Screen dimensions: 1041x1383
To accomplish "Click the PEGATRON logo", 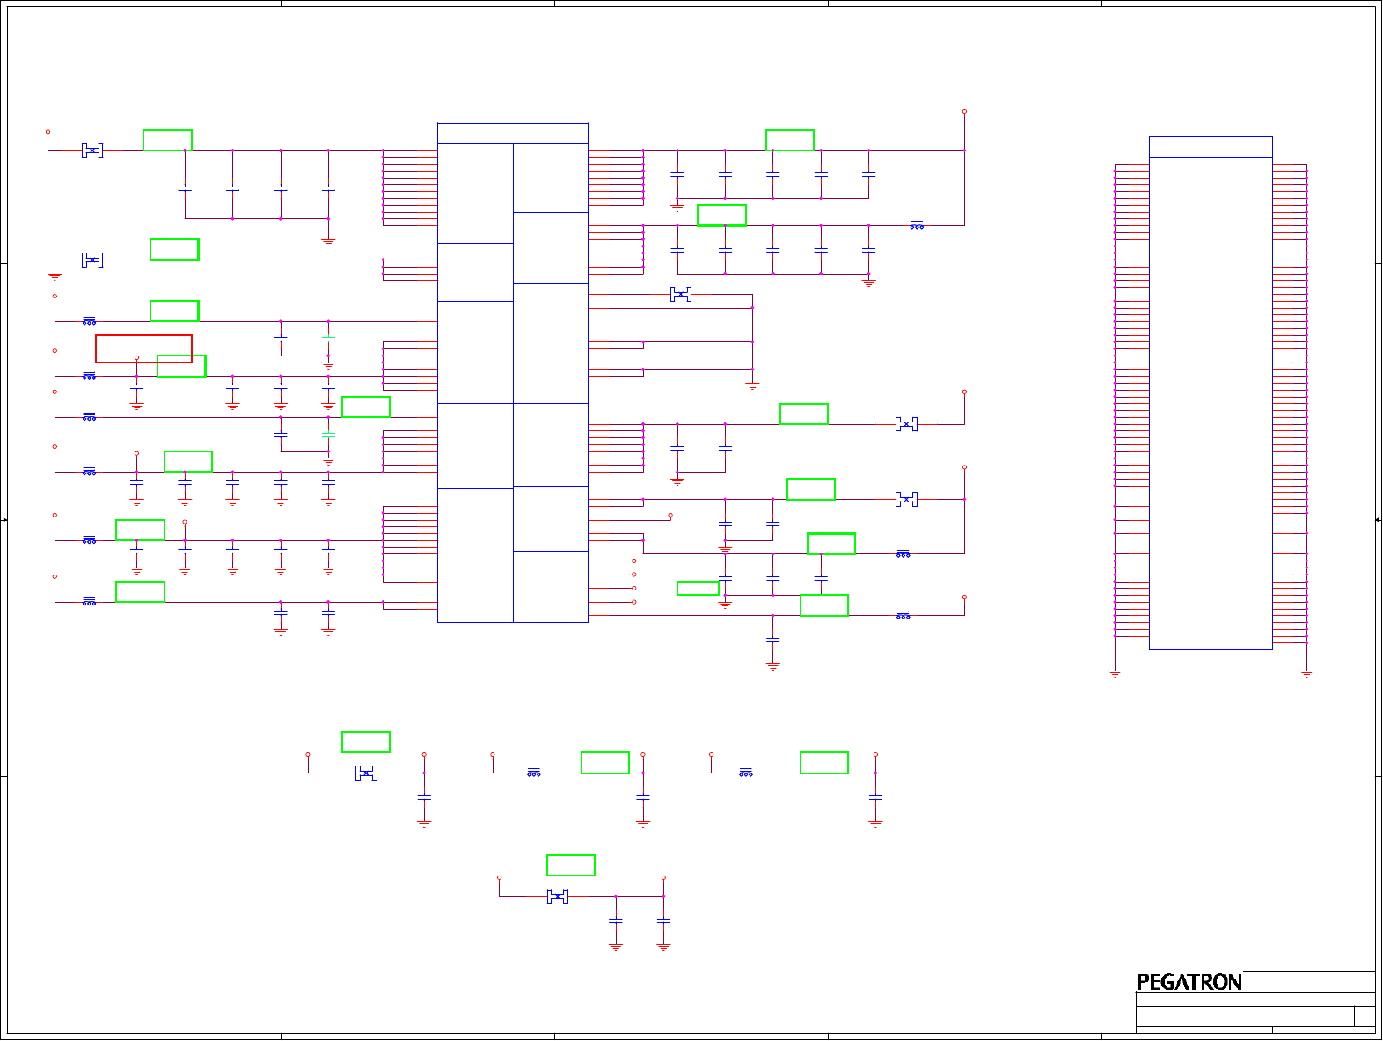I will (x=1189, y=982).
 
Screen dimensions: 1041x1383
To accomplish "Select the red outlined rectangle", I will (x=143, y=348).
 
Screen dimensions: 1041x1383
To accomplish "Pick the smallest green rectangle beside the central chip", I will (x=698, y=589).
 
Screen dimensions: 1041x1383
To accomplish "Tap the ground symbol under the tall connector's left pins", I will (x=1115, y=673).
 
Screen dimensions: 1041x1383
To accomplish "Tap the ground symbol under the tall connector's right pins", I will (x=1306, y=673).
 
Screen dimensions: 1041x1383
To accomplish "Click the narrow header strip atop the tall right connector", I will (x=1211, y=147).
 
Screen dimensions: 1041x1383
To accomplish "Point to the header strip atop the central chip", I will (x=512, y=134).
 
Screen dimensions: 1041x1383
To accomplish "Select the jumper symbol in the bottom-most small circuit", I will (x=558, y=897).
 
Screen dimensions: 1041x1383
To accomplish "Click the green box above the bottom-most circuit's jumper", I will (x=571, y=866).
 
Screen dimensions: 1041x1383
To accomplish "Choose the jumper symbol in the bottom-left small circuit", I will (x=366, y=773).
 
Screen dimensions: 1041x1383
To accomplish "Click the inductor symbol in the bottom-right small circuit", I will (x=746, y=773).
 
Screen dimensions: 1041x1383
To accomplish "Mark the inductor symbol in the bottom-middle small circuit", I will (x=534, y=773).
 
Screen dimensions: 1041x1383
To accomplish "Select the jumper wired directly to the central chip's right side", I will (x=681, y=295).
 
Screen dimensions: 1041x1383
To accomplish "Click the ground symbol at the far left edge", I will (x=55, y=277).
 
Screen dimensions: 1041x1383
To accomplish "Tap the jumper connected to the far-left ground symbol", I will (x=92, y=260).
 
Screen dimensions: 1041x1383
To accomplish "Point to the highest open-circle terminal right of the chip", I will (x=964, y=112).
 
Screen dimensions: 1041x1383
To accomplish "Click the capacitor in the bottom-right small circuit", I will (x=875, y=797).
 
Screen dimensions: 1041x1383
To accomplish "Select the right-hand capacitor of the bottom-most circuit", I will (x=663, y=920).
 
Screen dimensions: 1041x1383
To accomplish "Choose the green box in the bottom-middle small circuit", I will (x=605, y=763).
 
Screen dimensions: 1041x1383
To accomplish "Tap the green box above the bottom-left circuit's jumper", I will (x=366, y=743).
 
